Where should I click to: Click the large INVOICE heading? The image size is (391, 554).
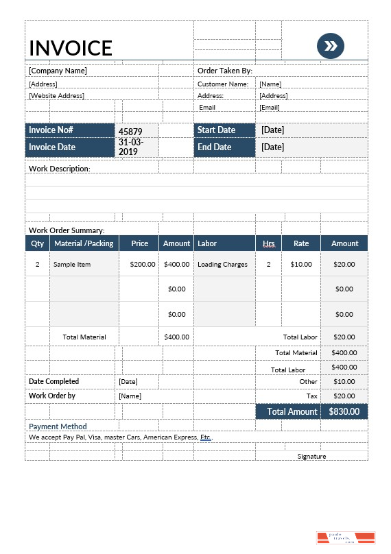70,47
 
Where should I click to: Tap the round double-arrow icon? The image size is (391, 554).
331,46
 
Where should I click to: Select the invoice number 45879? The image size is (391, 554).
130,131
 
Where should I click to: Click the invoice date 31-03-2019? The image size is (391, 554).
130,147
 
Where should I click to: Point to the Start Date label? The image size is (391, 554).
216,130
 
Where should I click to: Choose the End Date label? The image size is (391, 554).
214,147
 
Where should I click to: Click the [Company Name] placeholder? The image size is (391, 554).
58,71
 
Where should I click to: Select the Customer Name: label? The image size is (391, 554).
223,84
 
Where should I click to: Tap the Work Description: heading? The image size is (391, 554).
60,168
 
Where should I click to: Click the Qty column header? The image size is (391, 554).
37,243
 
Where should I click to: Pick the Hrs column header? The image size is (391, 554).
268,243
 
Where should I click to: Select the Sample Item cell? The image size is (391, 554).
72,264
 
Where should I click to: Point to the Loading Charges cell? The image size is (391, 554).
222,264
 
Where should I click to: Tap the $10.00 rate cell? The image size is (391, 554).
300,264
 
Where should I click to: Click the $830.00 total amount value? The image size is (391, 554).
344,411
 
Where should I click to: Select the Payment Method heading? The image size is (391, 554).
58,426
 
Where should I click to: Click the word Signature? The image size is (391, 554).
311,456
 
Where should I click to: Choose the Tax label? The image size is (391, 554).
311,396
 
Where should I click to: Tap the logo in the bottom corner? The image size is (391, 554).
346,538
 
